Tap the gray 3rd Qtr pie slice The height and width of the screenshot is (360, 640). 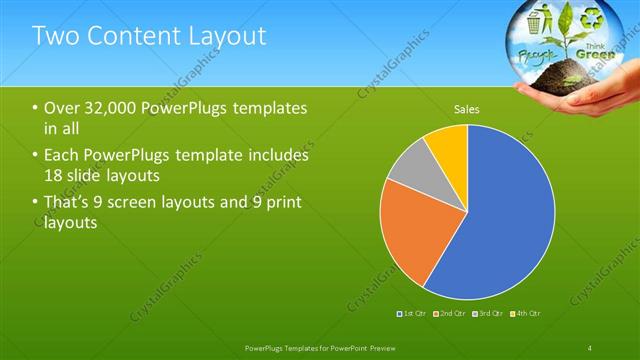click(x=408, y=174)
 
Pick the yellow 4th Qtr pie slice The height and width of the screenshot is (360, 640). click(x=448, y=146)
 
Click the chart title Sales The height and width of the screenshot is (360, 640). click(x=467, y=108)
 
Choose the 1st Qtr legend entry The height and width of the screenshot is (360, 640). click(x=413, y=314)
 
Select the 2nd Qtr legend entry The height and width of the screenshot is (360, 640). click(x=451, y=314)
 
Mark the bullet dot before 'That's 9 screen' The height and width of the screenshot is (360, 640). click(x=36, y=204)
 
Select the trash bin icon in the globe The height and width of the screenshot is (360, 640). click(x=535, y=21)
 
